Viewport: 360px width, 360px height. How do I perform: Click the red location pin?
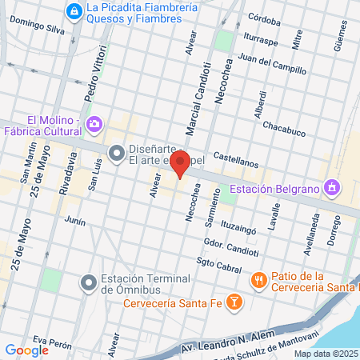181,166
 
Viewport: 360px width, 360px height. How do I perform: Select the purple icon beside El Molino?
95,123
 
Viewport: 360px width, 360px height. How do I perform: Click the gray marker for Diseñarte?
116,151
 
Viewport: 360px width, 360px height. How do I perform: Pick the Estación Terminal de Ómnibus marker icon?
88,282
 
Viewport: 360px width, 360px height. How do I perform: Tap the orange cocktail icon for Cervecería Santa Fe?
234,302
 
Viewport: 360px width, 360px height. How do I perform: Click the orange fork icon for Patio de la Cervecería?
258,280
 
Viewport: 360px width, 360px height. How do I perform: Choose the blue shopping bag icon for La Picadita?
74,10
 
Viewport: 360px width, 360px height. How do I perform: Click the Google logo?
26,350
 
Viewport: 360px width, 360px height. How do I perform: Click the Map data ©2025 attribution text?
326,354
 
